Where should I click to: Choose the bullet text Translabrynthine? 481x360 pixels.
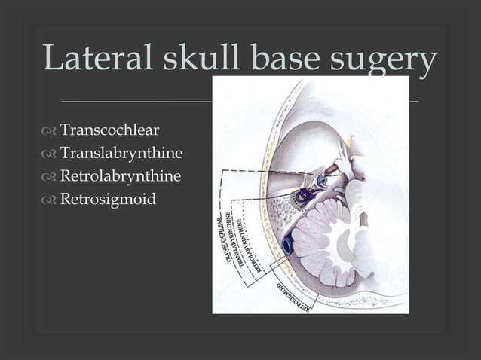[x=121, y=155]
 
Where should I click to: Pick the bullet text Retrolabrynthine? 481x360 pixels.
[x=121, y=178]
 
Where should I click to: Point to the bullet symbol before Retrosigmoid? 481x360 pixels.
[x=50, y=201]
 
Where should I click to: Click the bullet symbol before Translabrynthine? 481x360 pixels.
[x=50, y=156]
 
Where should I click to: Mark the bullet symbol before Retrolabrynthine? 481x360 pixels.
[x=50, y=178]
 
